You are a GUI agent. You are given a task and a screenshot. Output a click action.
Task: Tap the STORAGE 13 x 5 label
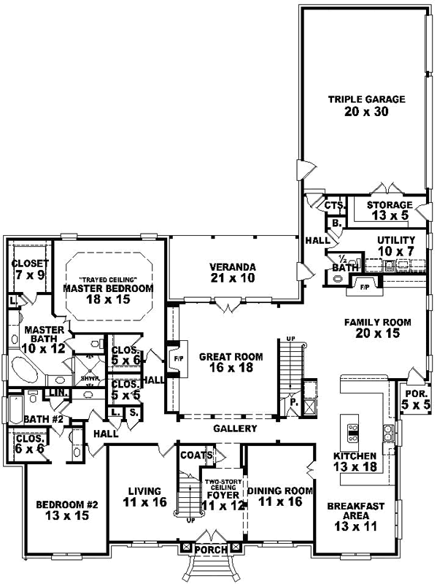(390, 210)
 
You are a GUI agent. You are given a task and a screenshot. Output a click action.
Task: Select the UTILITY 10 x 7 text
(395, 245)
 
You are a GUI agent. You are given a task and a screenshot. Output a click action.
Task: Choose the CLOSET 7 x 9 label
(30, 269)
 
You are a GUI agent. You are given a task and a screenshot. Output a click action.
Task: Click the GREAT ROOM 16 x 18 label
(225, 364)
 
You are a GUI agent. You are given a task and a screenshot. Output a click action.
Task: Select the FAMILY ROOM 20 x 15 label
(378, 328)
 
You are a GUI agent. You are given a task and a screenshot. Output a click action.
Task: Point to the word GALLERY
(235, 429)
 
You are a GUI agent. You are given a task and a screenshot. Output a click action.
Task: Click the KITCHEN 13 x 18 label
(354, 461)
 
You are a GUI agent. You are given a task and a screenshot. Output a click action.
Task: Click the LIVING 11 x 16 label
(139, 496)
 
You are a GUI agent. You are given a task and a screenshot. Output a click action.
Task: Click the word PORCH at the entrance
(210, 547)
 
